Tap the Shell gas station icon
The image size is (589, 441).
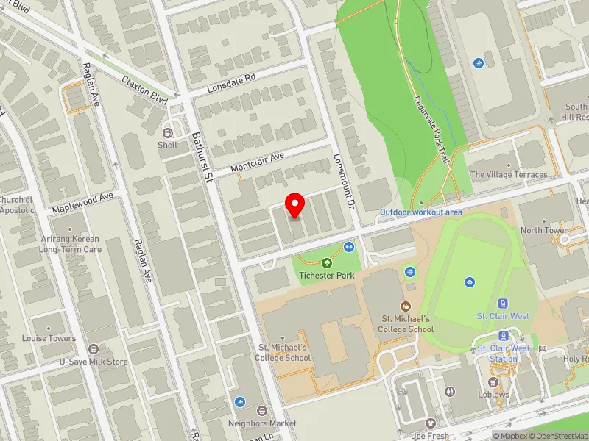[169, 132]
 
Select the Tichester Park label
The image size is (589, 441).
[326, 276]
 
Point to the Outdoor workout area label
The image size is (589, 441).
[420, 212]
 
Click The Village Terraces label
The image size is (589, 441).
[509, 175]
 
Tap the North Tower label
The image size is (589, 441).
[544, 230]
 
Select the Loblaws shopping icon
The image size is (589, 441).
[493, 381]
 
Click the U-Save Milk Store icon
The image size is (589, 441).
[94, 349]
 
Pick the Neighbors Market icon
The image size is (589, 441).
[262, 410]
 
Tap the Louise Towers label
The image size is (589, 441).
[49, 339]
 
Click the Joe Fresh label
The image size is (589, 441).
[431, 435]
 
